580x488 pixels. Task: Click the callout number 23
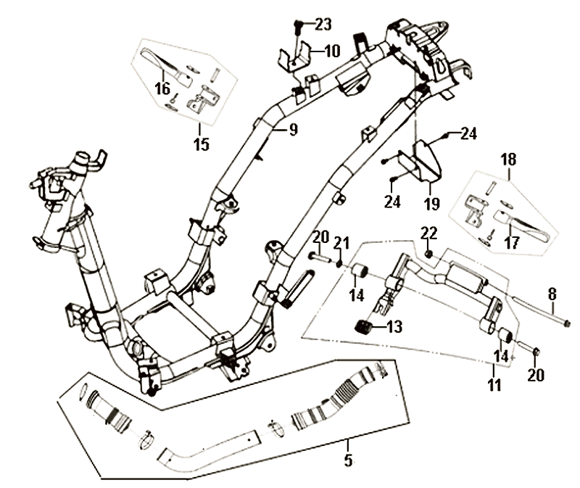coord(323,25)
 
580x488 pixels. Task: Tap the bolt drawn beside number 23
coord(298,28)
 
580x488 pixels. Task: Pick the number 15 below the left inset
coord(201,144)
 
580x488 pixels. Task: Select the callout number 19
coord(431,204)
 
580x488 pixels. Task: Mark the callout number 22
coord(429,233)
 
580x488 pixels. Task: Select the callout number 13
coord(394,327)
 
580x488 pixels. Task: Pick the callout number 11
coord(494,386)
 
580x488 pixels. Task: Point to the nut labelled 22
coord(428,254)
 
